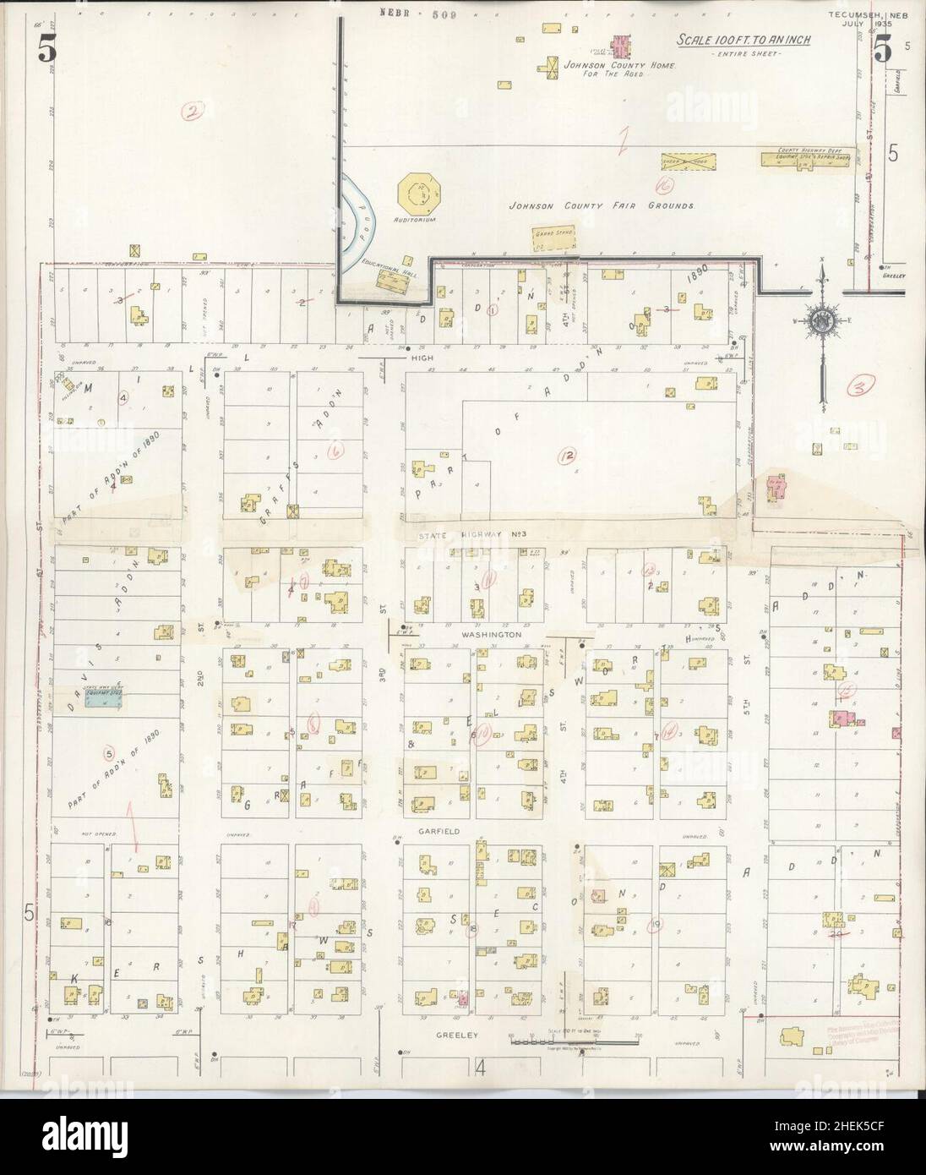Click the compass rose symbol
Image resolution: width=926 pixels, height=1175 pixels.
tap(820, 320)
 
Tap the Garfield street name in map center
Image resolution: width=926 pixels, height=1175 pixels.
tap(437, 832)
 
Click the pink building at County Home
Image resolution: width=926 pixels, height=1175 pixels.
tap(623, 44)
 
